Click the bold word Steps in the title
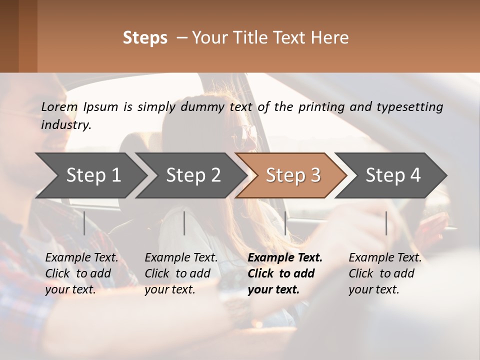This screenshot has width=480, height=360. pos(145,38)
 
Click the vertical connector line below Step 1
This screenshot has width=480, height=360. pos(84,223)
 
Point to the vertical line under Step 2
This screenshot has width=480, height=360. pos(184,223)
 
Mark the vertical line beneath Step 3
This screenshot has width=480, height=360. pos(285,223)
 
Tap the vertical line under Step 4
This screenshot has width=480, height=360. pos(386,223)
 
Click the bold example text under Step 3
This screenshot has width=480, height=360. pos(284,273)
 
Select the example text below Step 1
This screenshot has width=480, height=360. pos(81,273)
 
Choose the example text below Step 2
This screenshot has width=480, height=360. pos(181,273)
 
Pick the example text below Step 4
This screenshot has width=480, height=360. pos(385,273)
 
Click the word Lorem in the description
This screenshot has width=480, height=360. pos(59,106)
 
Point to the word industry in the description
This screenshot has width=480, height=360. pos(65,125)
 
